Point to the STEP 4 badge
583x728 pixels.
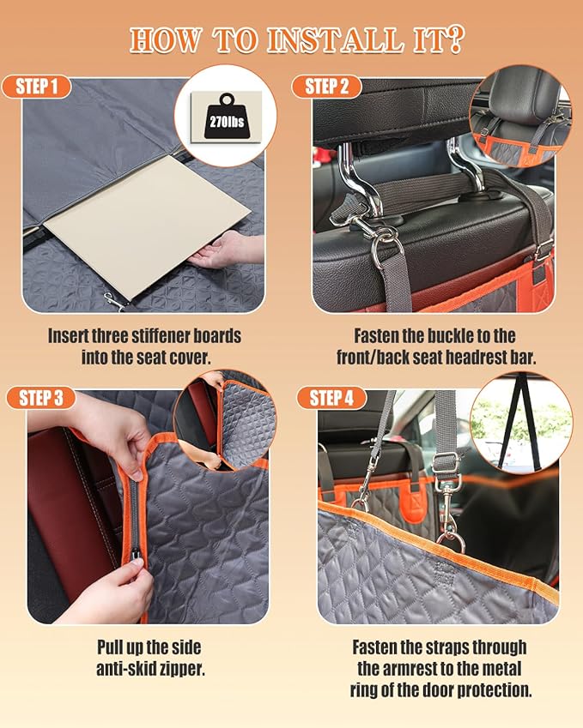pyautogui.click(x=331, y=398)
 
